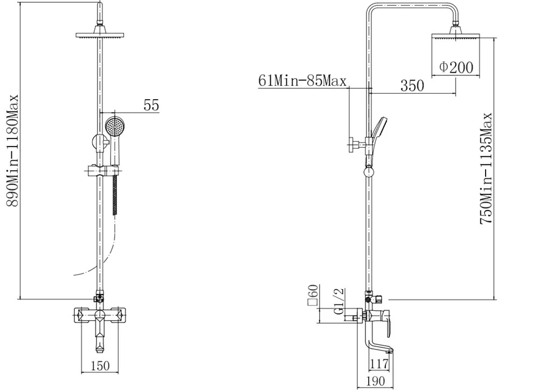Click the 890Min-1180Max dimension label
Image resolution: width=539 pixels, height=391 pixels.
tap(12, 150)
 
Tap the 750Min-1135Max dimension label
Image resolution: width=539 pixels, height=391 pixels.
tap(486, 169)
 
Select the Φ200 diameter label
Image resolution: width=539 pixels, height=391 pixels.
tap(456, 67)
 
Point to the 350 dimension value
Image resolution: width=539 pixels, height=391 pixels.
tap(412, 86)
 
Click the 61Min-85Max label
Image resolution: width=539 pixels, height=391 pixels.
tap(302, 81)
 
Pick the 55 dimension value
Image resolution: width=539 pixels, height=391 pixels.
tap(151, 105)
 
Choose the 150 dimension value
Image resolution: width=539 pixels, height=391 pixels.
tap(100, 366)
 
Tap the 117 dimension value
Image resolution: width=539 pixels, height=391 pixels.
tap(379, 364)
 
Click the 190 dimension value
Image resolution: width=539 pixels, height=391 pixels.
tap(375, 381)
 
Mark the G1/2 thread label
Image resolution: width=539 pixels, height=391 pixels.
tap(338, 301)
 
